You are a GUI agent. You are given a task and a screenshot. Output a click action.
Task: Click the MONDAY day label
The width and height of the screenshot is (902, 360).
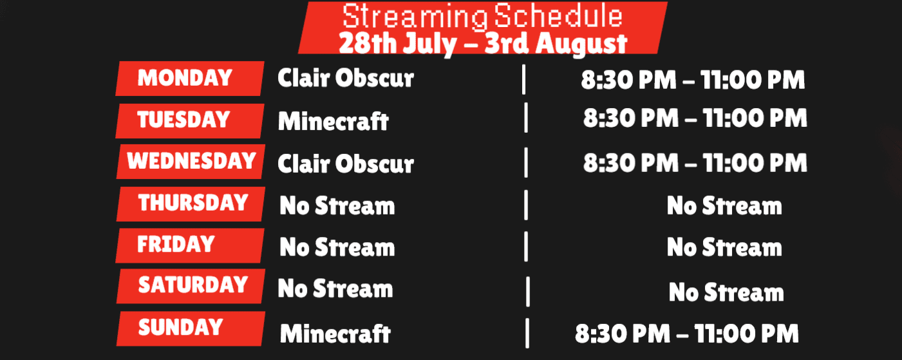click(185, 78)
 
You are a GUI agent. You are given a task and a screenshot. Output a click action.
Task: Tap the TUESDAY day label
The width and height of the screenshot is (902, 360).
click(183, 120)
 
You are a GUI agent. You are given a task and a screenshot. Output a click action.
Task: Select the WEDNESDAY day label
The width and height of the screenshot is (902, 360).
click(192, 160)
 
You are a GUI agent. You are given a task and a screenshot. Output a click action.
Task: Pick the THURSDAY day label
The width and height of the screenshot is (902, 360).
click(193, 203)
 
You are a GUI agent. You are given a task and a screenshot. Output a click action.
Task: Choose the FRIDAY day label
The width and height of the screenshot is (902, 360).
click(176, 244)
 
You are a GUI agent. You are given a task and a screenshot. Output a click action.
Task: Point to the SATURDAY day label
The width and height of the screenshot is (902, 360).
click(193, 285)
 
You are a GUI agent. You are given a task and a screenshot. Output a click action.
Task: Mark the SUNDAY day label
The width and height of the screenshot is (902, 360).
click(180, 327)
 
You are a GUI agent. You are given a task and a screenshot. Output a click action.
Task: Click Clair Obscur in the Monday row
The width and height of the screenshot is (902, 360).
click(346, 78)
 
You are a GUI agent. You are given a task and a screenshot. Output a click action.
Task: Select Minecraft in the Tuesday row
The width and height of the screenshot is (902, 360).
click(334, 121)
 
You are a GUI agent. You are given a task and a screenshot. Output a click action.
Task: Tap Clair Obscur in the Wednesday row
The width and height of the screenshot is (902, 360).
click(346, 164)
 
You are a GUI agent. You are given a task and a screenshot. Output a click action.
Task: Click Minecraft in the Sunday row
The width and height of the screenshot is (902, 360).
click(335, 334)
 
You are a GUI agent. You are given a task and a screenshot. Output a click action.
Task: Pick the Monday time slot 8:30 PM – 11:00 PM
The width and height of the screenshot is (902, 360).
click(693, 80)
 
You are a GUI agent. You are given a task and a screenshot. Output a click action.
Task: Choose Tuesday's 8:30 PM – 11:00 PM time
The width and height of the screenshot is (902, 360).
click(695, 118)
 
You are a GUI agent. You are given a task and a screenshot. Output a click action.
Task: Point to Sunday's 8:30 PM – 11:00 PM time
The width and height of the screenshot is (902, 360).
click(687, 334)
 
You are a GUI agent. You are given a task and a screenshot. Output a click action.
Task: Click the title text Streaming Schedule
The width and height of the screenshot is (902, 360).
click(482, 16)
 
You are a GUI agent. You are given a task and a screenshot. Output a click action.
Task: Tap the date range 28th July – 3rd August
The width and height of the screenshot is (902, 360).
click(483, 43)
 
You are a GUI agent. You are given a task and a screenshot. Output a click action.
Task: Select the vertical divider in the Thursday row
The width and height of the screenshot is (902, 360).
click(526, 205)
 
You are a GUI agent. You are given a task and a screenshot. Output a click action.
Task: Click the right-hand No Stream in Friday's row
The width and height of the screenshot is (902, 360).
click(724, 247)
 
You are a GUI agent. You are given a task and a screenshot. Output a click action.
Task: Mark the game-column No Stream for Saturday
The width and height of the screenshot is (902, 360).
click(335, 289)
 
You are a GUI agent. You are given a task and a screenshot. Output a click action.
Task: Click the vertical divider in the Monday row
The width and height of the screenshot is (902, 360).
click(524, 80)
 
